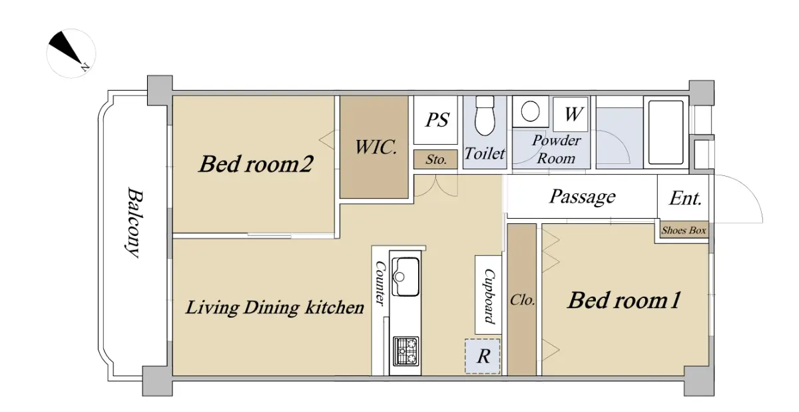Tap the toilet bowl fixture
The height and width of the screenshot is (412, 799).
coord(485,116)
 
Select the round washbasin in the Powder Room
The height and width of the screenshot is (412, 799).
coord(530,111)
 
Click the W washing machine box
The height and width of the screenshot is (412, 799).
coord(571,114)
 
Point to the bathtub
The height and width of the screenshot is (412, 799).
coord(666,132)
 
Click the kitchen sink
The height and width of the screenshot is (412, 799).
coord(405,277)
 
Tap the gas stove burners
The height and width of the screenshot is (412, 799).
coord(405,351)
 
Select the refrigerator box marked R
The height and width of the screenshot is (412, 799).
coord(482,356)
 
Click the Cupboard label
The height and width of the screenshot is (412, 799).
coord(489,296)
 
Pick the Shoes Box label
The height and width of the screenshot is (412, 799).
coord(684,230)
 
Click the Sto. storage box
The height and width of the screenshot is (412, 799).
coord(435,159)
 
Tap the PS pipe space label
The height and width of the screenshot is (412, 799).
coord(437,120)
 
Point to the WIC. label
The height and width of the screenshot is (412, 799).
coord(376,147)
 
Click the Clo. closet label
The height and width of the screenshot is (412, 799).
coord(522,300)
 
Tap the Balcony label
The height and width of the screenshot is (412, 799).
coord(135,222)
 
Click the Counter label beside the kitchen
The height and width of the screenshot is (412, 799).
coord(380,283)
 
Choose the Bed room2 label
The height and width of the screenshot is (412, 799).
coord(256,164)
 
